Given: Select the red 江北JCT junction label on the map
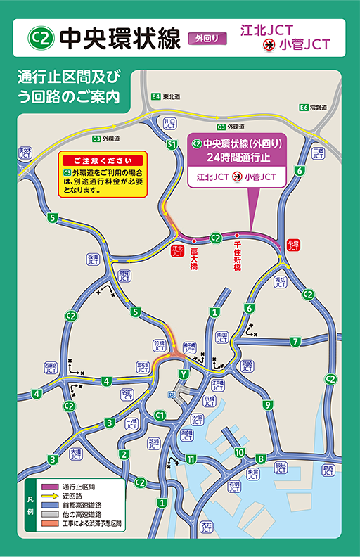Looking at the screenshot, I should (x=177, y=251).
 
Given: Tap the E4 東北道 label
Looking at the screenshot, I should (x=166, y=96).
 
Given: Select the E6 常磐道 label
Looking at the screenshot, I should (x=313, y=108).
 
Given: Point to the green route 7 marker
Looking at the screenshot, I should (x=296, y=342).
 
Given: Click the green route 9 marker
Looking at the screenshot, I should (x=267, y=404).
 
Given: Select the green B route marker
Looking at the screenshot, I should (x=259, y=458).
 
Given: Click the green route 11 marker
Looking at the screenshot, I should (x=191, y=459).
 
